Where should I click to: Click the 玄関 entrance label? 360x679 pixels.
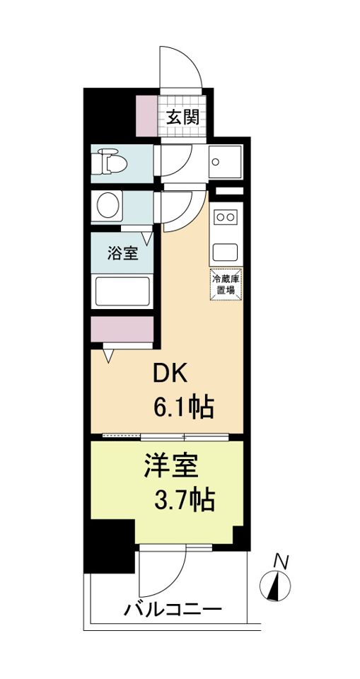pos(182,117)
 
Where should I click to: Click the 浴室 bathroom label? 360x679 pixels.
pos(122,253)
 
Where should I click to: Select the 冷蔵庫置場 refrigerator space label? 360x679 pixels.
pos(226,285)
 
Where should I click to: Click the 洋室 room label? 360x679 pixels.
pos(170,466)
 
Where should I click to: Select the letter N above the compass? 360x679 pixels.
pos(281,562)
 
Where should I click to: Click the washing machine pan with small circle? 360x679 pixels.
pos(226,162)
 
